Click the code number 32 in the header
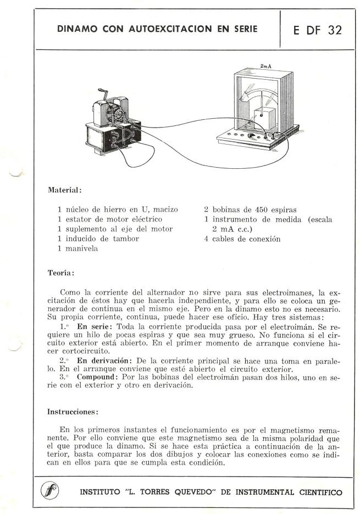(334, 30)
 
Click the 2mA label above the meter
(266, 66)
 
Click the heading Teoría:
(61, 272)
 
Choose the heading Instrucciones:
(73, 411)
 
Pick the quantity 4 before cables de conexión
(206, 239)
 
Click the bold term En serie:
(90, 326)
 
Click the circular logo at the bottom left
(52, 491)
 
